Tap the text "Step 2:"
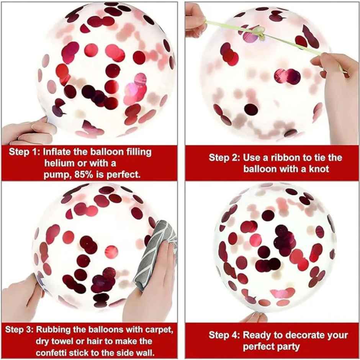tap(224, 157)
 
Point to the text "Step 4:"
tap(224, 335)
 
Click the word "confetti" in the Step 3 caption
tap(56, 352)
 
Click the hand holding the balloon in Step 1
tap(27, 130)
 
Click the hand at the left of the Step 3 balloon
tap(19, 299)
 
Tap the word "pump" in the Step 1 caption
tap(55, 175)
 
